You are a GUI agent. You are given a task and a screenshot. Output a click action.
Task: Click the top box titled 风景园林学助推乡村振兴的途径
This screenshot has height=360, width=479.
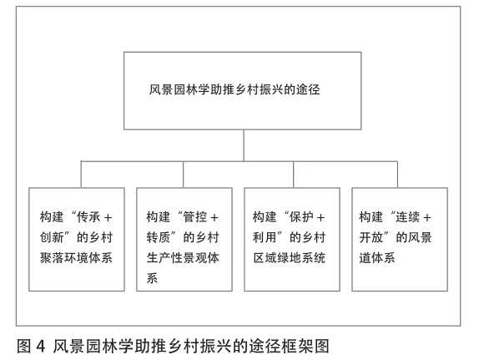point(243,91)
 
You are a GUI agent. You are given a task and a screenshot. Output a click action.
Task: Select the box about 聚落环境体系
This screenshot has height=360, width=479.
point(77,239)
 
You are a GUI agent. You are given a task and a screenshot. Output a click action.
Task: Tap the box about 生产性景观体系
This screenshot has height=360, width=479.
point(184,239)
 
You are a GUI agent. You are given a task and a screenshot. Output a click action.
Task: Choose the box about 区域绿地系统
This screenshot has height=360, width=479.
point(292,239)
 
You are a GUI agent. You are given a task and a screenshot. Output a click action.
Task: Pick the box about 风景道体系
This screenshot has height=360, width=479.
point(400,239)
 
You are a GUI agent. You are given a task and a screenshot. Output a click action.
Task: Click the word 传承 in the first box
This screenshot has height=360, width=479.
point(88,217)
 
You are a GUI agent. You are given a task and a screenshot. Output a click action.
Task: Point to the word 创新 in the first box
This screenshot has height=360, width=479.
point(52,237)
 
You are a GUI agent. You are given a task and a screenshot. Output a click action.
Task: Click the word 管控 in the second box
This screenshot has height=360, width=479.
point(195,217)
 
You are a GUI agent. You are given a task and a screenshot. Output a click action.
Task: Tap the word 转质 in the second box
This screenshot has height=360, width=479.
point(159,237)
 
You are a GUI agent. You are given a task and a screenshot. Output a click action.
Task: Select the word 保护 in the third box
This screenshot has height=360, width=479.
point(301,217)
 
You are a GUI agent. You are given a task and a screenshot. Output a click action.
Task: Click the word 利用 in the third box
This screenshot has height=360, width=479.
point(265,237)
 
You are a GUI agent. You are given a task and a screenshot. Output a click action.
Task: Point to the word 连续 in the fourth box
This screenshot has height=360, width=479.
point(407,217)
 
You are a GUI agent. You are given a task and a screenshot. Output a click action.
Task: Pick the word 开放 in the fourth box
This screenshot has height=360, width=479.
point(371,237)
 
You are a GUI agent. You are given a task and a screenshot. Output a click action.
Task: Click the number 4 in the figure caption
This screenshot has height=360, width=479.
point(41,347)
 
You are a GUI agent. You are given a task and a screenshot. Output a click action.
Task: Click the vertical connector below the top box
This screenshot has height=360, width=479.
point(244,145)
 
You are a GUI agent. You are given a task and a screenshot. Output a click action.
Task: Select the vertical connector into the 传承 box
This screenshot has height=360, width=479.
point(81,174)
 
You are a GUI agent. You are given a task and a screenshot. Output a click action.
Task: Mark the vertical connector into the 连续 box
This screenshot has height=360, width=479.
point(397,174)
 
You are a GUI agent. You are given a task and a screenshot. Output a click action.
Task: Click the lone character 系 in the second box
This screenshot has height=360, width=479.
point(152,278)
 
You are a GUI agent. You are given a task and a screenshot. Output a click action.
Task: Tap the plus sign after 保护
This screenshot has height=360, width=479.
point(320,218)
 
